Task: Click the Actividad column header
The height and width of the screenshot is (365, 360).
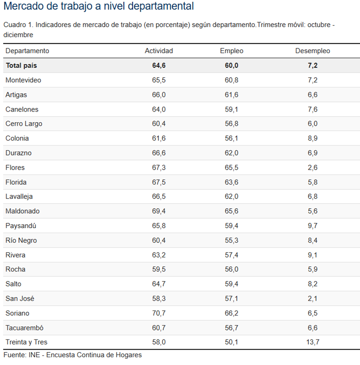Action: [x=159, y=51]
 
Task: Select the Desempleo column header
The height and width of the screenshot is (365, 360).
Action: [x=312, y=51]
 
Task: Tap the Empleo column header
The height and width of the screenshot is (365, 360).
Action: [x=232, y=51]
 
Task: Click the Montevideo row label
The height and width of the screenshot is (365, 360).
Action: [x=23, y=80]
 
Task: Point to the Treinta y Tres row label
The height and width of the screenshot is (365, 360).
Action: [x=26, y=342]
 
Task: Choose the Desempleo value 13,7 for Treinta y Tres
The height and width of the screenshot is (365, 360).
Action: [x=312, y=342]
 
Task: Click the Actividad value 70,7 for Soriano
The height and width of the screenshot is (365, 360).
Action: [x=159, y=313]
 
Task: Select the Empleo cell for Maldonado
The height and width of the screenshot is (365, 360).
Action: [x=232, y=211]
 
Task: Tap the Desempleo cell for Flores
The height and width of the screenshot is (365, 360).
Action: [x=312, y=167]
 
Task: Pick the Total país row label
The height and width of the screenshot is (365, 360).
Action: [x=21, y=65]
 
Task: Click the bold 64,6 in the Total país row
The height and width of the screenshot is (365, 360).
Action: [x=159, y=65]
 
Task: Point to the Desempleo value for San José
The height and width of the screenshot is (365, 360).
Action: [x=312, y=298]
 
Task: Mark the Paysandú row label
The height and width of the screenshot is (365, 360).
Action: [x=21, y=226]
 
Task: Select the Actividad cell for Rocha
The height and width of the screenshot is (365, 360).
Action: [x=159, y=269]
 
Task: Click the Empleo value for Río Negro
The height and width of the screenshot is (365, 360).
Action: [x=232, y=240]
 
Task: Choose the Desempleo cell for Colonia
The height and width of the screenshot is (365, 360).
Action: [x=312, y=138]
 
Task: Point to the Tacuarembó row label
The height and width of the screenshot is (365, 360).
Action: [x=24, y=328]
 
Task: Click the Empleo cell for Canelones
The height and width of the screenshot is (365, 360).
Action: [x=232, y=109]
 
